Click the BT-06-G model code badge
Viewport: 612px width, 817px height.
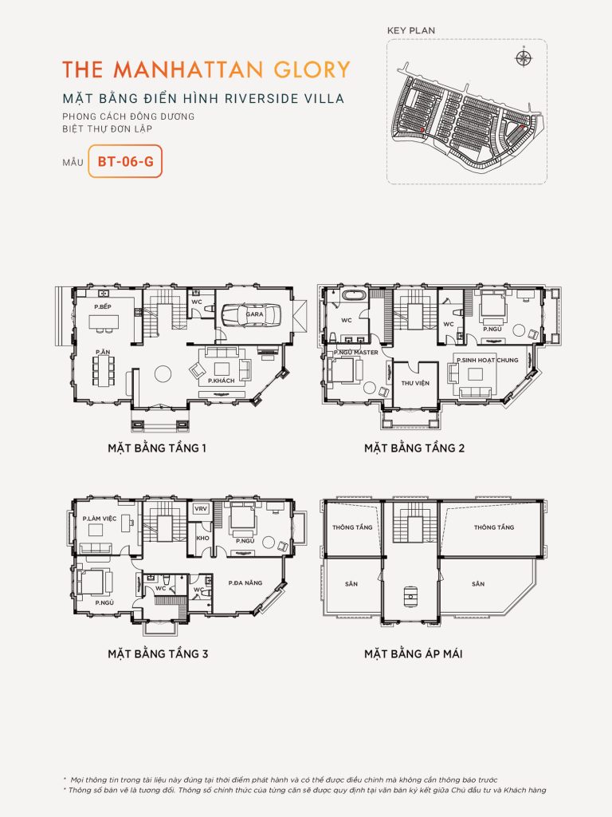point(125,161)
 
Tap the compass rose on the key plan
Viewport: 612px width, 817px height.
point(524,57)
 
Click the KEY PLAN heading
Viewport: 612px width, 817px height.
point(411,30)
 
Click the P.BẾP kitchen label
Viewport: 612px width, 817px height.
point(102,306)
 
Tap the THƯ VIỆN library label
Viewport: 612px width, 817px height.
point(415,383)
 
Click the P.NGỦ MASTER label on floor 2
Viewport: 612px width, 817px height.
point(356,352)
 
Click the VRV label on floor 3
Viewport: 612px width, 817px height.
point(201,509)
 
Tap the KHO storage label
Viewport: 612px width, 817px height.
point(201,538)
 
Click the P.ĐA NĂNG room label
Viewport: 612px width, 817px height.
point(245,584)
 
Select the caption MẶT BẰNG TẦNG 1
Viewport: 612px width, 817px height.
point(157,448)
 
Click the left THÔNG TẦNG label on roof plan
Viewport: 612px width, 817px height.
point(352,527)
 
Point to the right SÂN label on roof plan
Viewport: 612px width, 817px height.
point(477,584)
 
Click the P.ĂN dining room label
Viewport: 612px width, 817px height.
point(102,352)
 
